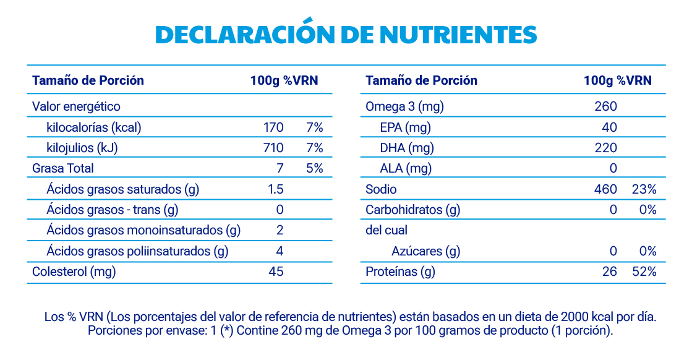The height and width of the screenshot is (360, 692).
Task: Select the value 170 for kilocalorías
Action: click(273, 127)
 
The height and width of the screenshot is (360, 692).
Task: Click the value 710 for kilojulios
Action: click(273, 148)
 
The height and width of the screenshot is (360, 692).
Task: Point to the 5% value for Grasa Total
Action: click(314, 168)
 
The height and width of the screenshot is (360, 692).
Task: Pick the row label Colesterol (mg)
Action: click(74, 271)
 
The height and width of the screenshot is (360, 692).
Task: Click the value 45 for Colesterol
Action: click(276, 271)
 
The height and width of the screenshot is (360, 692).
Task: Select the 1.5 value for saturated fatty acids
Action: click(276, 189)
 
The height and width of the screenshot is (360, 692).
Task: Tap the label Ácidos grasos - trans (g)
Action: click(112, 210)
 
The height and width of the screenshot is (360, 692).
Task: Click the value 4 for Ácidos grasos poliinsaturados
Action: click(280, 251)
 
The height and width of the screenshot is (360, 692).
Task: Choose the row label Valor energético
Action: click(76, 107)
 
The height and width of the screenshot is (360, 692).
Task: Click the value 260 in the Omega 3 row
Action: click(605, 107)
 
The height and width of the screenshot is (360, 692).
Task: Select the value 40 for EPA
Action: click(609, 127)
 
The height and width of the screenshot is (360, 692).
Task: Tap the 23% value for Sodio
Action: click(644, 189)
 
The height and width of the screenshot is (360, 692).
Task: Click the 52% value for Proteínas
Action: click(644, 271)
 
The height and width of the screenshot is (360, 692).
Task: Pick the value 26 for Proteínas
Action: click(610, 271)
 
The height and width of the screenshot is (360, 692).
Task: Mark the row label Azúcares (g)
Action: click(425, 251)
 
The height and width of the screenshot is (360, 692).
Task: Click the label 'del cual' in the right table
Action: click(387, 230)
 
